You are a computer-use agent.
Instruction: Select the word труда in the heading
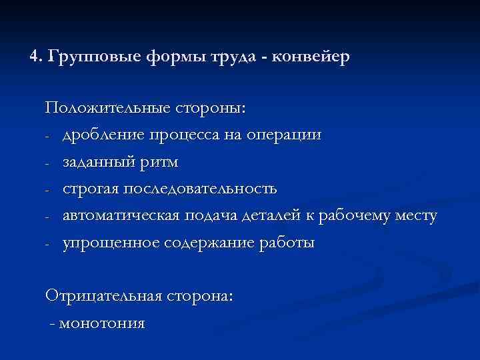(235, 57)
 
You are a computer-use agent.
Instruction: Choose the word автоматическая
(119, 216)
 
